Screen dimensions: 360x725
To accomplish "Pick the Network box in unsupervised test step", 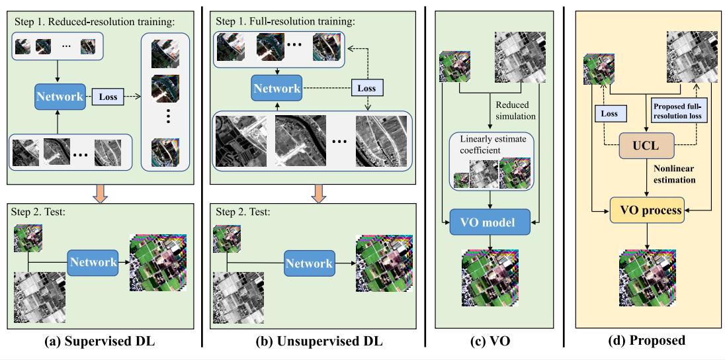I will coord(308,263).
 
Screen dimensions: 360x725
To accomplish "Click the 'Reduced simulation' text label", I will coord(514,110).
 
